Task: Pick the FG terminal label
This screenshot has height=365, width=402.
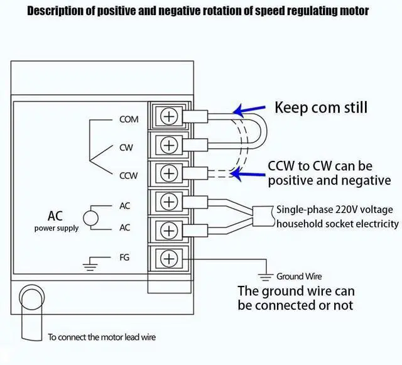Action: (124, 257)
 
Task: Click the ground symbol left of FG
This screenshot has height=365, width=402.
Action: (94, 263)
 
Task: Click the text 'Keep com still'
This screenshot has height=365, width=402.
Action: (320, 107)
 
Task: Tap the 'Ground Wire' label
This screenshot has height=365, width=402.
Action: (299, 276)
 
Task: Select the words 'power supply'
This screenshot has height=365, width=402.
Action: (57, 228)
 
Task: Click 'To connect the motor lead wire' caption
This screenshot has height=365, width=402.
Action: (102, 337)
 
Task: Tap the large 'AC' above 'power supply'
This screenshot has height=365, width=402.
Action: (55, 215)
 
